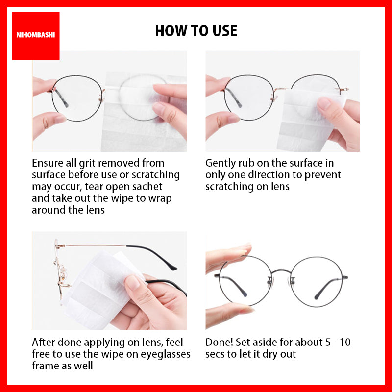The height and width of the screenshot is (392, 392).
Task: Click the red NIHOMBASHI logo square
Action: click(36, 36)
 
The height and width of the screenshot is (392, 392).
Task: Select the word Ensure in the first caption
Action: click(48, 163)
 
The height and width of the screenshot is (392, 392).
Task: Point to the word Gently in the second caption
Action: click(220, 164)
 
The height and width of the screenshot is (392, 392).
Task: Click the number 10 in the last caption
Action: click(345, 343)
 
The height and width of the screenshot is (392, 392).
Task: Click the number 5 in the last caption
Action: click(328, 343)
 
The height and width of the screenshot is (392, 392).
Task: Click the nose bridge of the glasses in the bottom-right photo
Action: click(281, 271)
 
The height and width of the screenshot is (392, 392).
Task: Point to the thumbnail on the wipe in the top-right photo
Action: click(324, 103)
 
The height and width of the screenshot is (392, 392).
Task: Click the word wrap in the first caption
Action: click(160, 199)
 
